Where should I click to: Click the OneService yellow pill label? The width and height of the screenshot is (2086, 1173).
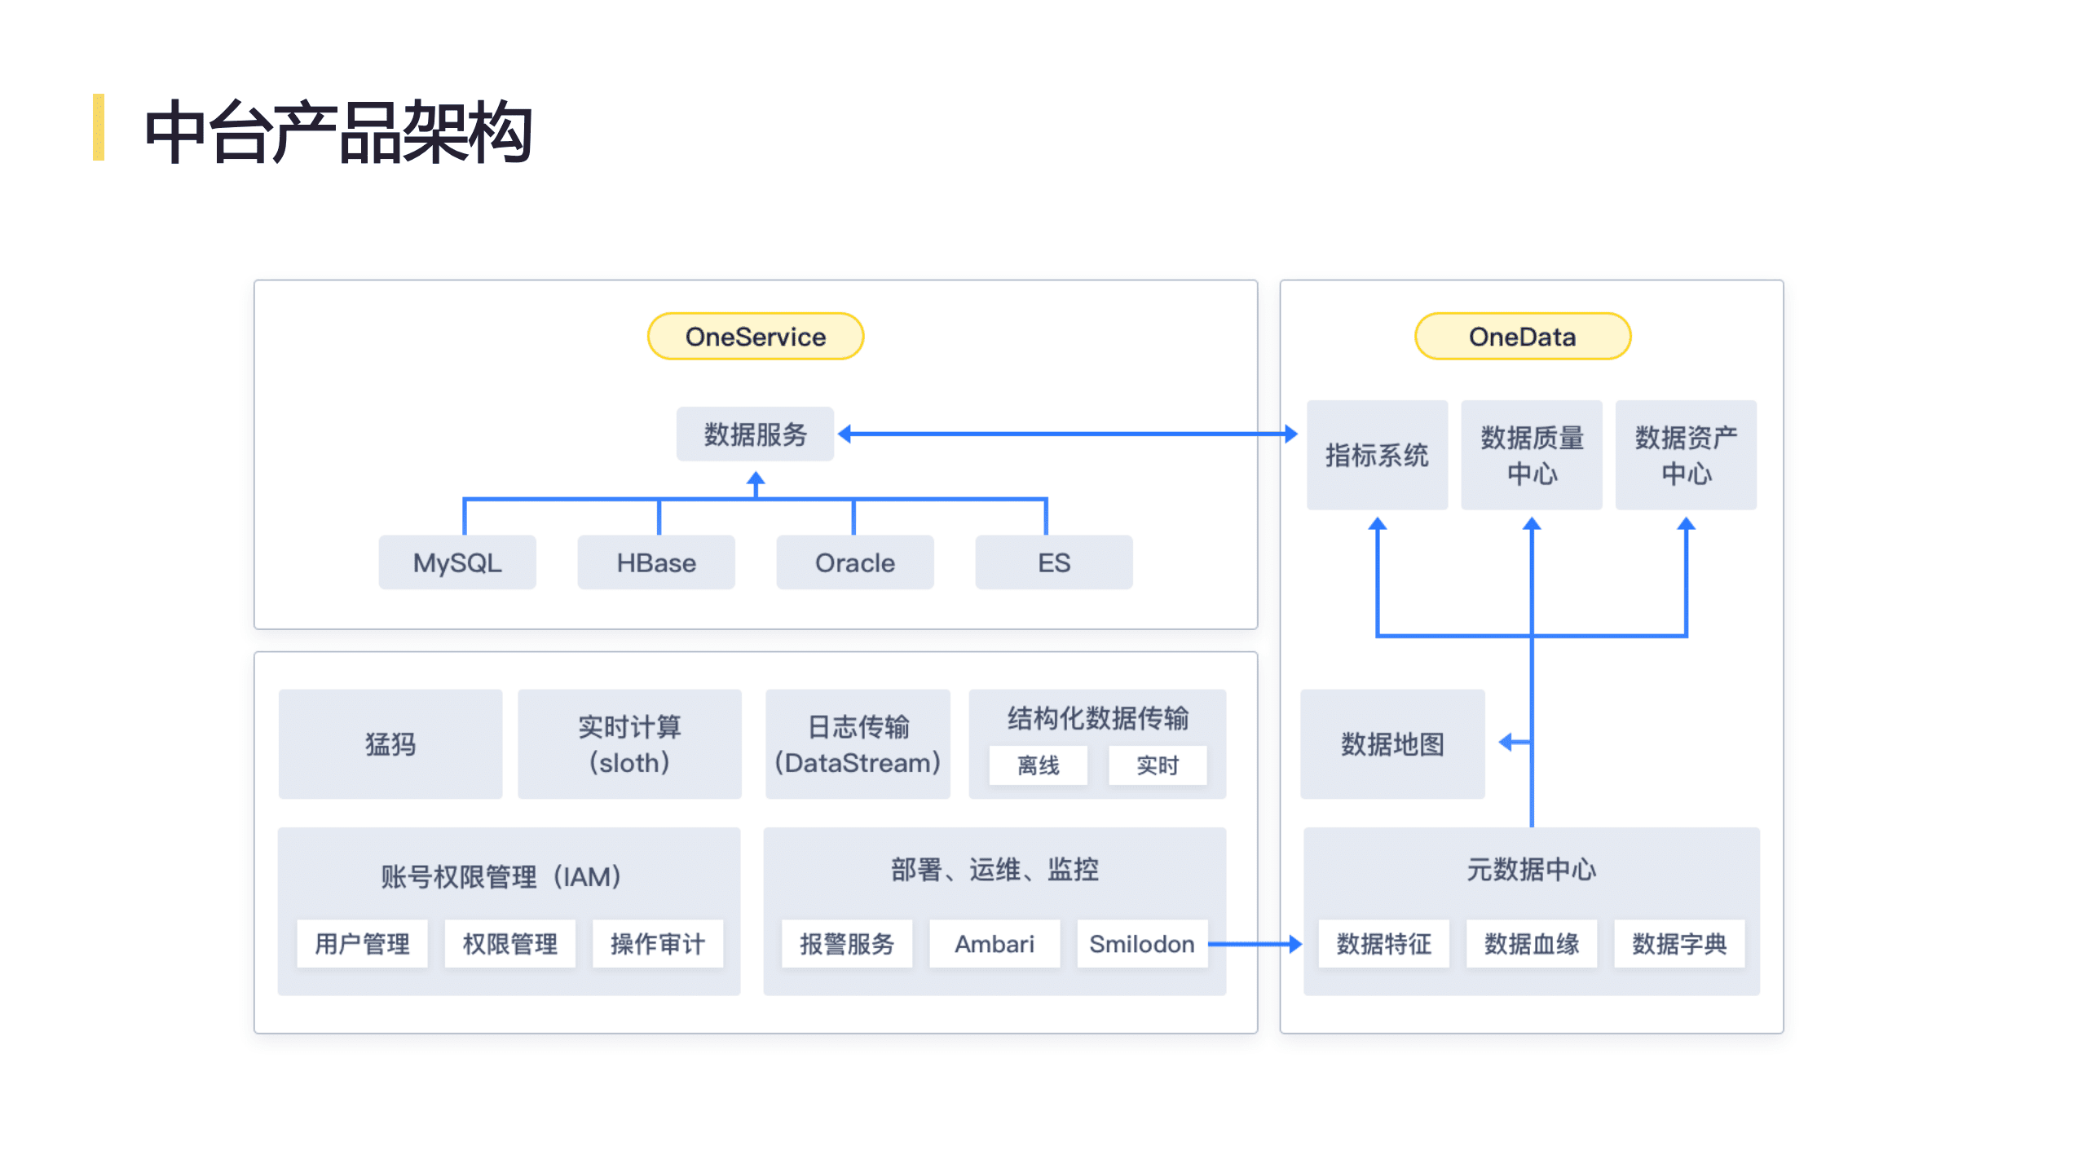point(755,336)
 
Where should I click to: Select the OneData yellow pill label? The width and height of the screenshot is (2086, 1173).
point(1521,336)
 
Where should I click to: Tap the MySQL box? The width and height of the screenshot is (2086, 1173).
point(456,562)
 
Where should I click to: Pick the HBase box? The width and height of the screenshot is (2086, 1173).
point(655,562)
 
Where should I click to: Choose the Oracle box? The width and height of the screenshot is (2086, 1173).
point(854,562)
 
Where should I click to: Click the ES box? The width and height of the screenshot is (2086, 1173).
point(1053,562)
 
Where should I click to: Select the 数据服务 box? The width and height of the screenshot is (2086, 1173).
point(755,434)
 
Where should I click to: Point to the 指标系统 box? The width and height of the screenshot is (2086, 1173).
point(1376,454)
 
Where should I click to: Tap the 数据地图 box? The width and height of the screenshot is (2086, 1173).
point(1391,743)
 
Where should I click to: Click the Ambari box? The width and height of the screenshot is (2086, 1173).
point(994,943)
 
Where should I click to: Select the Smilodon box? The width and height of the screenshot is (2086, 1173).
point(1141,943)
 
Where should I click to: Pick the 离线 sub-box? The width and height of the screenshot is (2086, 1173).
point(1038,765)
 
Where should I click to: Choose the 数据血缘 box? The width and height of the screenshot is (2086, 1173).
point(1531,943)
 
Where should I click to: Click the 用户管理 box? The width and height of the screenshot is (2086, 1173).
point(362,943)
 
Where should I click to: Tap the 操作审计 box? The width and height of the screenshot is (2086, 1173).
point(657,943)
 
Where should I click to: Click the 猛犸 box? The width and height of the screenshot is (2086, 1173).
point(390,743)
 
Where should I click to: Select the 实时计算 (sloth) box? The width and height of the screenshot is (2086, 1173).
point(629,743)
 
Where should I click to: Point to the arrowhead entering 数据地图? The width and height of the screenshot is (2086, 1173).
point(1506,742)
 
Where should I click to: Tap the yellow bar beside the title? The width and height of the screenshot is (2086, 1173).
point(99,127)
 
